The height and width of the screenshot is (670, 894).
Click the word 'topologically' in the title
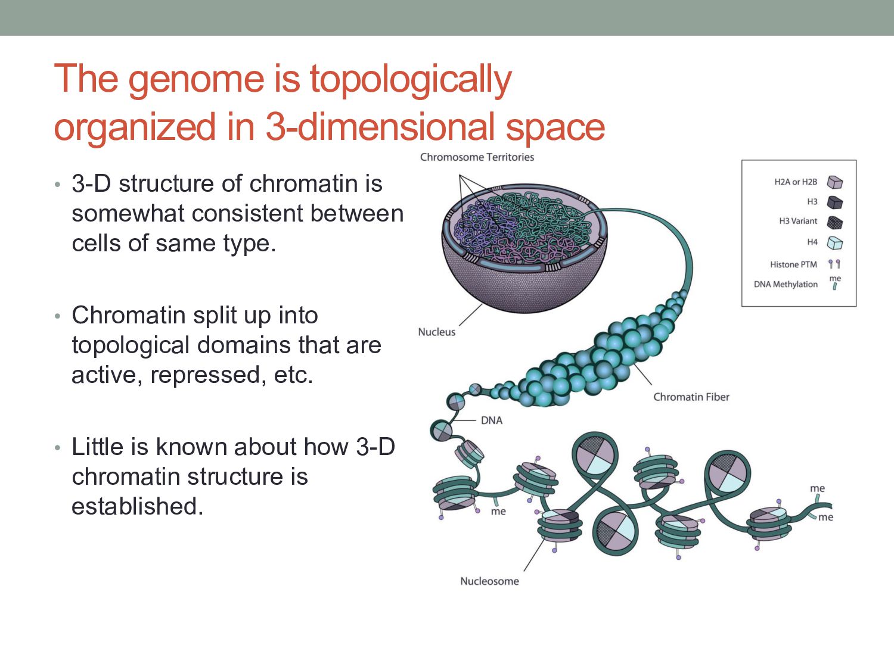tap(410, 80)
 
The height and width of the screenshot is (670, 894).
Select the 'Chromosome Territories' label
tap(477, 157)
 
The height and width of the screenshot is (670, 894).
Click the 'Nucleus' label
tap(436, 332)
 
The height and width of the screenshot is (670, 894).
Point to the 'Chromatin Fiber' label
tap(691, 397)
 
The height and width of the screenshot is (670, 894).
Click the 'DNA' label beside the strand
tap(492, 420)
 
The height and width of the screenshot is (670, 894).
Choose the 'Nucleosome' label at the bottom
tap(489, 581)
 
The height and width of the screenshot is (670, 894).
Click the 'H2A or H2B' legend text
tap(796, 182)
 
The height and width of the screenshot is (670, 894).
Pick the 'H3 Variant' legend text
tap(798, 221)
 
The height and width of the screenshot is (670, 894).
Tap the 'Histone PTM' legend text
tap(793, 264)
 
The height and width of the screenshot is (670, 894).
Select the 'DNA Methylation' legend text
tap(786, 284)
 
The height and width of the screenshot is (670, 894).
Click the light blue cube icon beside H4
tap(835, 243)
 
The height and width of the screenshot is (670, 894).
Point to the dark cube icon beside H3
tap(835, 202)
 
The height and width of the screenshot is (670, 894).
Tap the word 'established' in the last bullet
tap(137, 506)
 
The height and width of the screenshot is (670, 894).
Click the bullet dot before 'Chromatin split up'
tap(57, 316)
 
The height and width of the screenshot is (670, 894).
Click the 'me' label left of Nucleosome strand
tap(498, 512)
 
